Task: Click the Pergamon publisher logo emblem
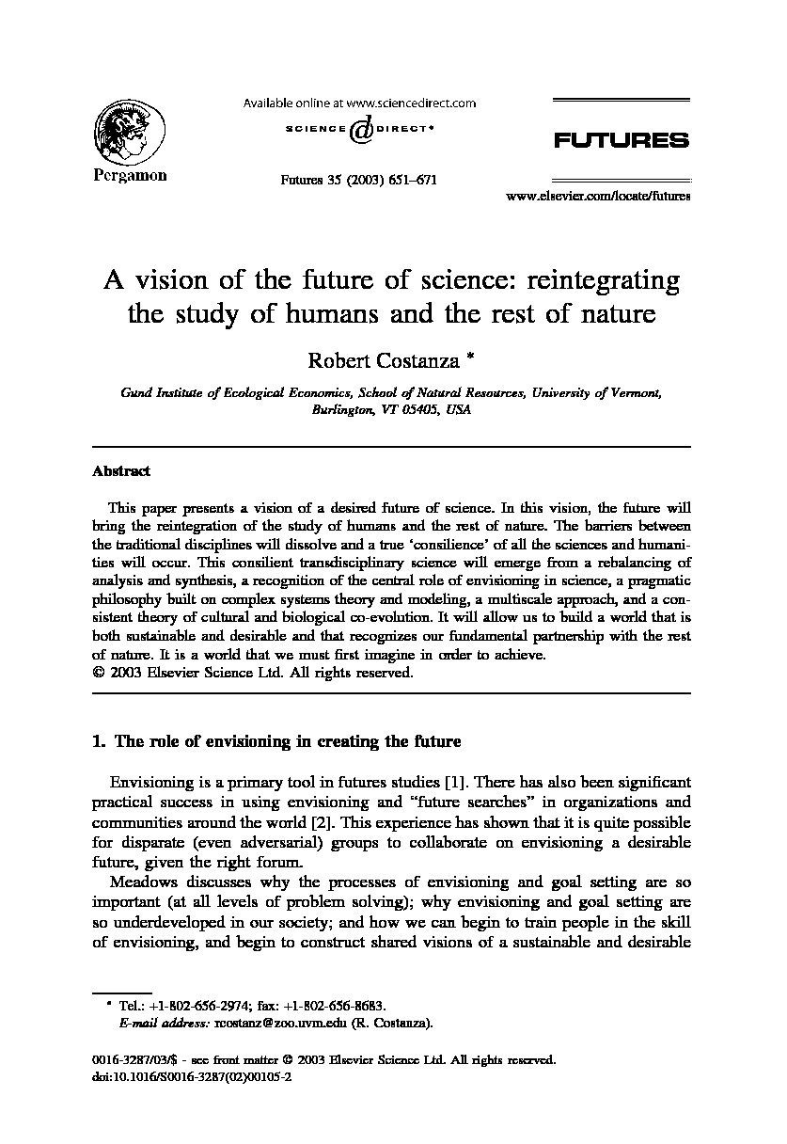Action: [x=130, y=132]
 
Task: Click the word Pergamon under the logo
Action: [x=130, y=176]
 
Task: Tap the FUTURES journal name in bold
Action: [x=621, y=141]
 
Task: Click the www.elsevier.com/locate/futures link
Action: [x=598, y=197]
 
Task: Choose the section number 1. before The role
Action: [x=98, y=741]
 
